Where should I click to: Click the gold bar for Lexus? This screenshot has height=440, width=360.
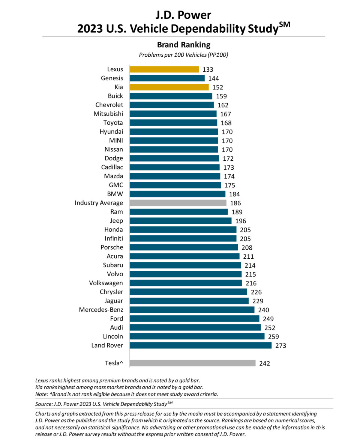(164, 69)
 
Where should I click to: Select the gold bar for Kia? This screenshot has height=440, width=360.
(169, 87)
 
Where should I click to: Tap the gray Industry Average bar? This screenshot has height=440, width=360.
(178, 203)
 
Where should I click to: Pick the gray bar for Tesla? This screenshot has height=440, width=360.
(192, 363)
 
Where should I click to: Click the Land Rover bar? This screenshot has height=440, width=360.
(200, 345)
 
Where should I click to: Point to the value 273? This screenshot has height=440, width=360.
(280, 345)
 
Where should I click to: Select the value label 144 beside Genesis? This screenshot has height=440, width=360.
(213, 78)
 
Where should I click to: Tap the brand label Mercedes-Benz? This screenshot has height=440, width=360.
(101, 310)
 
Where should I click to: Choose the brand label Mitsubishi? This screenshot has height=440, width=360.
(108, 114)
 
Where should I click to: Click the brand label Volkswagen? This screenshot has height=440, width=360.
(106, 283)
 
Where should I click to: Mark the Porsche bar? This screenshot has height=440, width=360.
(183, 247)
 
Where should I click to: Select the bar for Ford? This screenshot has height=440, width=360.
(194, 319)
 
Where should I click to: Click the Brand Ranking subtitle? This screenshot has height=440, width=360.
(184, 45)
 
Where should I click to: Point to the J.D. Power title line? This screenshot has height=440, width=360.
(184, 15)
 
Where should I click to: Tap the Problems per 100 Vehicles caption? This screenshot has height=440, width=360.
(184, 55)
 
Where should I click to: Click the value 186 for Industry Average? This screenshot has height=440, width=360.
(235, 203)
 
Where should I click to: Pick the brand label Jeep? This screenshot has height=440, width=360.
(116, 221)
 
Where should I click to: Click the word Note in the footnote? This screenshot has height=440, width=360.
(41, 394)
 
